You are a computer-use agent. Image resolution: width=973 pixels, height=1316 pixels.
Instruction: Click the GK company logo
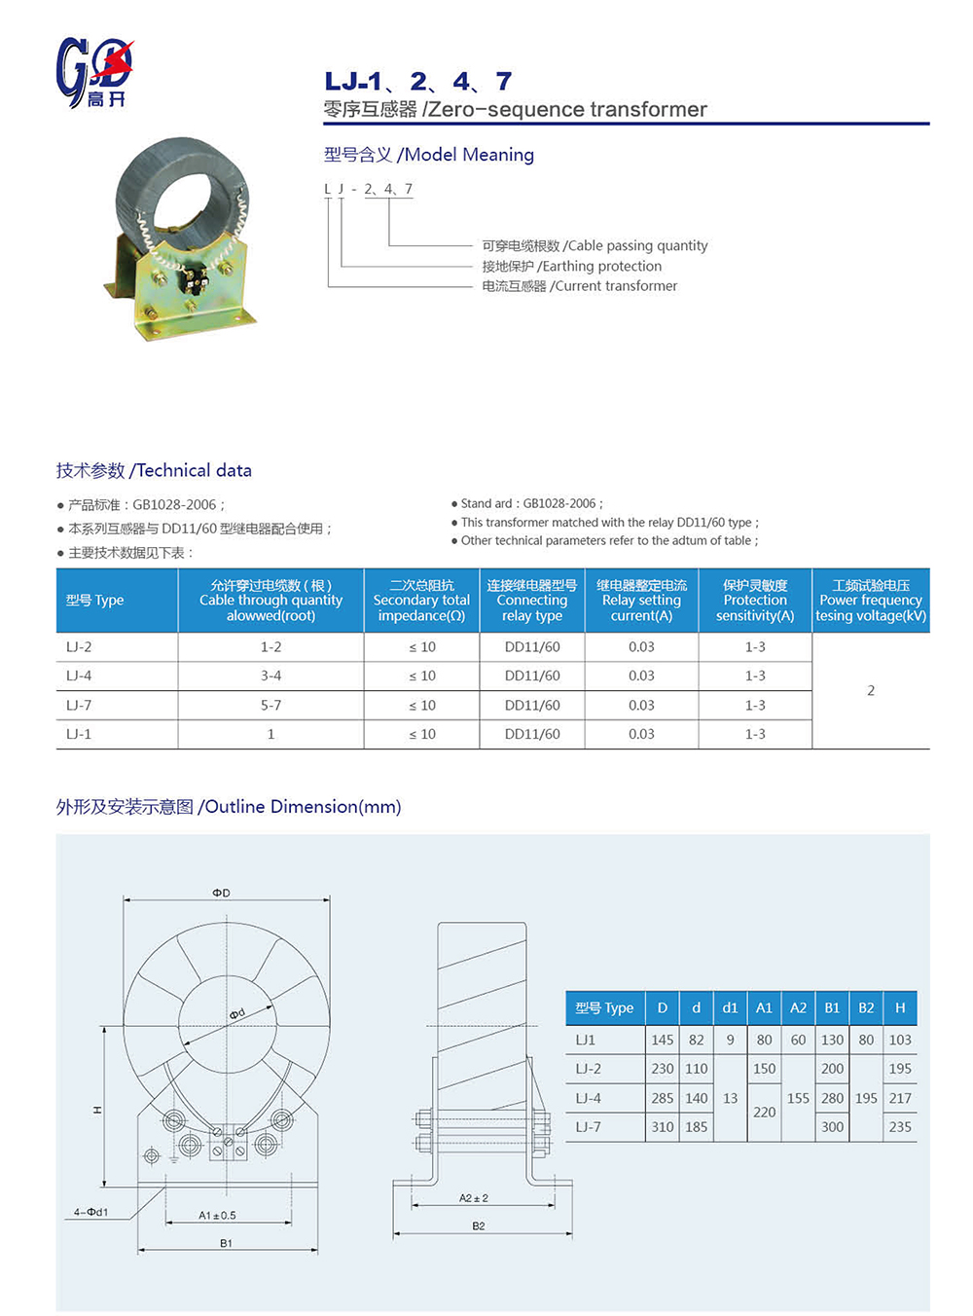[x=94, y=72]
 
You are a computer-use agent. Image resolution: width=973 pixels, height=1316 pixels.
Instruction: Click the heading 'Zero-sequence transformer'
[x=516, y=109]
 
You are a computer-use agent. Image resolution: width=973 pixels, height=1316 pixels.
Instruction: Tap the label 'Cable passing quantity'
[x=595, y=245]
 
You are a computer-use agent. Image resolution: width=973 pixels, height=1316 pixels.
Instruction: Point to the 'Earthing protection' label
[x=571, y=266]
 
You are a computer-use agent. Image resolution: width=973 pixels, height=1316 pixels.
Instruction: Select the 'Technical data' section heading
[x=154, y=470]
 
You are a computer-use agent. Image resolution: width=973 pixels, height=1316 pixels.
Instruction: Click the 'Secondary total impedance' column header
[x=421, y=601]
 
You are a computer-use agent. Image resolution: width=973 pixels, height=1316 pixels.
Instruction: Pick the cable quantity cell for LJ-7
[x=270, y=705]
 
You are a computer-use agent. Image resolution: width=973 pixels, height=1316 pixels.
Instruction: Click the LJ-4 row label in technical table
[x=79, y=676]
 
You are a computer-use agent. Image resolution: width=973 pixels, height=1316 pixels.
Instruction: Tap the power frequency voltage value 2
[x=871, y=690]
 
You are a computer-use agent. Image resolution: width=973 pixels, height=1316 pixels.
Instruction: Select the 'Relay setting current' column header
[x=641, y=601]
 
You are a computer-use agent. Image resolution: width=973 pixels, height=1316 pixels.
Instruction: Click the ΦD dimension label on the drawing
[x=222, y=893]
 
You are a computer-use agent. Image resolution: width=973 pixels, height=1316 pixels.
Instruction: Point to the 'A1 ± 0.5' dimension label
[x=217, y=1215]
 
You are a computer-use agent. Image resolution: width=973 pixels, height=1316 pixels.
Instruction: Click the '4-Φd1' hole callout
[x=90, y=1212]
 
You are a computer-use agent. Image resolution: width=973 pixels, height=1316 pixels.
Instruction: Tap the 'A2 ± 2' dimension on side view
[x=474, y=1198]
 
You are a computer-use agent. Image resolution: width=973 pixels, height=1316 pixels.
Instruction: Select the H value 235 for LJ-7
[x=900, y=1127]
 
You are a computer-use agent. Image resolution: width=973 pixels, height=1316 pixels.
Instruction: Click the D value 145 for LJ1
[x=663, y=1040]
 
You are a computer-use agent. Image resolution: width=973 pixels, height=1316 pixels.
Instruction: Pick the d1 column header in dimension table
[x=730, y=1008]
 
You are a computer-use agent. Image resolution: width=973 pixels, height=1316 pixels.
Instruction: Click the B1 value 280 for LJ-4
[x=832, y=1098]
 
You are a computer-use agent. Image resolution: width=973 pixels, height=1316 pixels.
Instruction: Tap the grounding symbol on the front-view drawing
[x=173, y=1158]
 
